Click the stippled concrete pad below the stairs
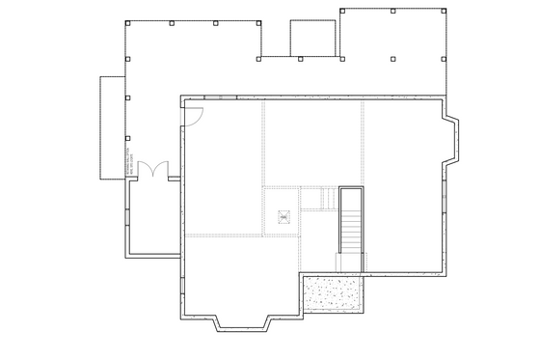pyautogui.click(x=333, y=293)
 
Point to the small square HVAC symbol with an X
pyautogui.click(x=283, y=217)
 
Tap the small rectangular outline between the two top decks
pyautogui.click(x=313, y=40)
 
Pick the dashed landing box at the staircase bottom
pyautogui.click(x=346, y=261)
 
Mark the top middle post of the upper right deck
pyautogui.click(x=391, y=12)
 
